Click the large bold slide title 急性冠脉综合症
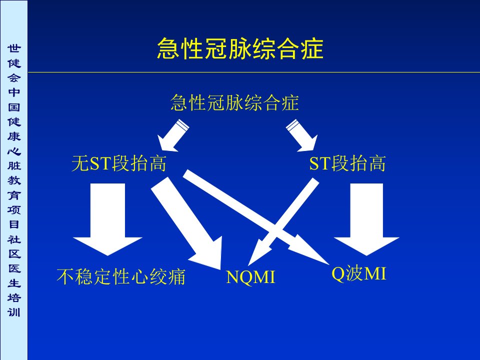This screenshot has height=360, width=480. point(240,48)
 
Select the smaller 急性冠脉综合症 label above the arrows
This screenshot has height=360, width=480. point(234,102)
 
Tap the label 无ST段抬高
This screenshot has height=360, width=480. point(119,163)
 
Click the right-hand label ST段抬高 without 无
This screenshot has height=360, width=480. point(347,163)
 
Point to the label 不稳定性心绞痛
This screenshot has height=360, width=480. point(121,276)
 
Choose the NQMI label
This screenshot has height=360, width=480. point(250,277)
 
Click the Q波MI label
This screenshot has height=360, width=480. point(359,273)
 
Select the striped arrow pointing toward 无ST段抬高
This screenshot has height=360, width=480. point(173,135)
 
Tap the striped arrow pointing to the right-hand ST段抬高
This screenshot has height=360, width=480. point(302,135)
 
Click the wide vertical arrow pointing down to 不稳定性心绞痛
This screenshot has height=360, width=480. point(107,219)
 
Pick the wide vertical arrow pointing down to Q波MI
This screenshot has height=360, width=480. point(366,219)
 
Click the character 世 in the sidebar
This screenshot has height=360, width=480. point(14,48)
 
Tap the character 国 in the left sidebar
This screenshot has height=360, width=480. point(14,107)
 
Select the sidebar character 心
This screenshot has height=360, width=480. point(14,151)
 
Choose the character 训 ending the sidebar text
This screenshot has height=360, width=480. point(14,312)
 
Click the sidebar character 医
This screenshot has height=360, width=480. point(14,268)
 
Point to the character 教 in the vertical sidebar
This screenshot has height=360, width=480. point(14,180)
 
